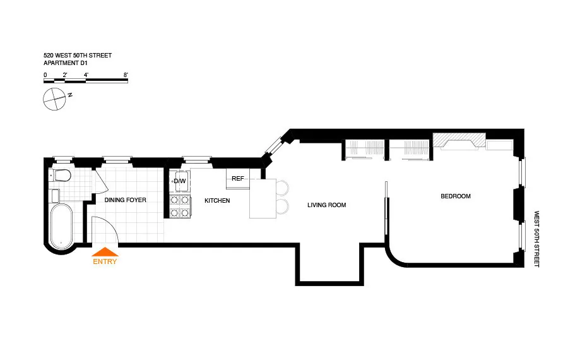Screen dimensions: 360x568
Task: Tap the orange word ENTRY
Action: point(105,261)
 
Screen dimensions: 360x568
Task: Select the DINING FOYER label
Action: point(125,200)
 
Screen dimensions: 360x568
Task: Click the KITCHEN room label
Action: point(216,201)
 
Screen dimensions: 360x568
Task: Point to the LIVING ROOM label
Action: point(326,205)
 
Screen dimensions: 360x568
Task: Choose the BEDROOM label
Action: point(455,196)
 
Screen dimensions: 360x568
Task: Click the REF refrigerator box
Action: point(238,179)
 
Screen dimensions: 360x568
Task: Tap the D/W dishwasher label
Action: point(180,182)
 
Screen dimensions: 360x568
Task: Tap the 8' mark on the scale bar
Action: point(126,75)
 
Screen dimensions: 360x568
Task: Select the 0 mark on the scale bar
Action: point(45,75)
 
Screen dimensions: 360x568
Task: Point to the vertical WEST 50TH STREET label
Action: point(537,239)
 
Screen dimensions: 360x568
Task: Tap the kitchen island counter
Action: point(263,199)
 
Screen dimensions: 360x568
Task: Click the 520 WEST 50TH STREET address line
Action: point(77,56)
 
